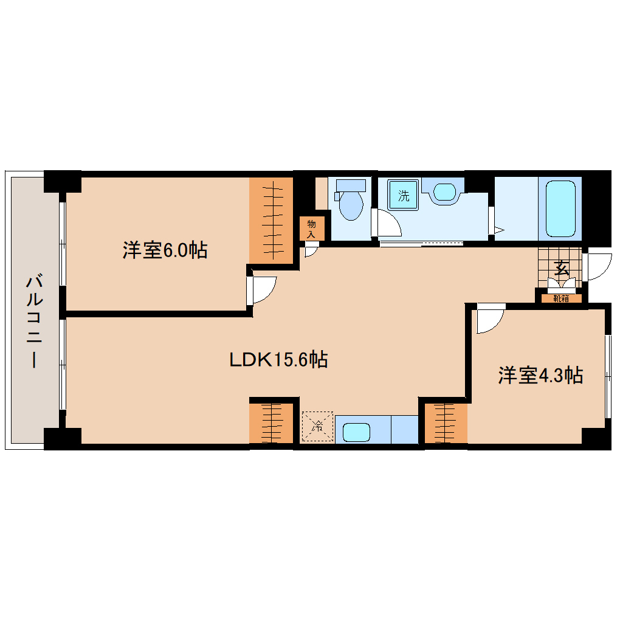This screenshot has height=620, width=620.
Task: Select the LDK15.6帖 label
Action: click(278, 360)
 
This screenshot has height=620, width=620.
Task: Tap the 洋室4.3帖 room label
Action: click(540, 376)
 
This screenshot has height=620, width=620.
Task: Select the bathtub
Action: click(560, 208)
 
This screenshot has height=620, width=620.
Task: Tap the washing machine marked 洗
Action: click(404, 196)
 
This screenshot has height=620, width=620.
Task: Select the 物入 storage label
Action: click(312, 229)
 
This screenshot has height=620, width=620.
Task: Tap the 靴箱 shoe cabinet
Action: click(561, 298)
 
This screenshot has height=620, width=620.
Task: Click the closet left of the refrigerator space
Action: click(272, 422)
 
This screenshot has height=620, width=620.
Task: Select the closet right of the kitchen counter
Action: click(446, 422)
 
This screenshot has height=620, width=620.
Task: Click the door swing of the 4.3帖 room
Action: click(490, 319)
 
